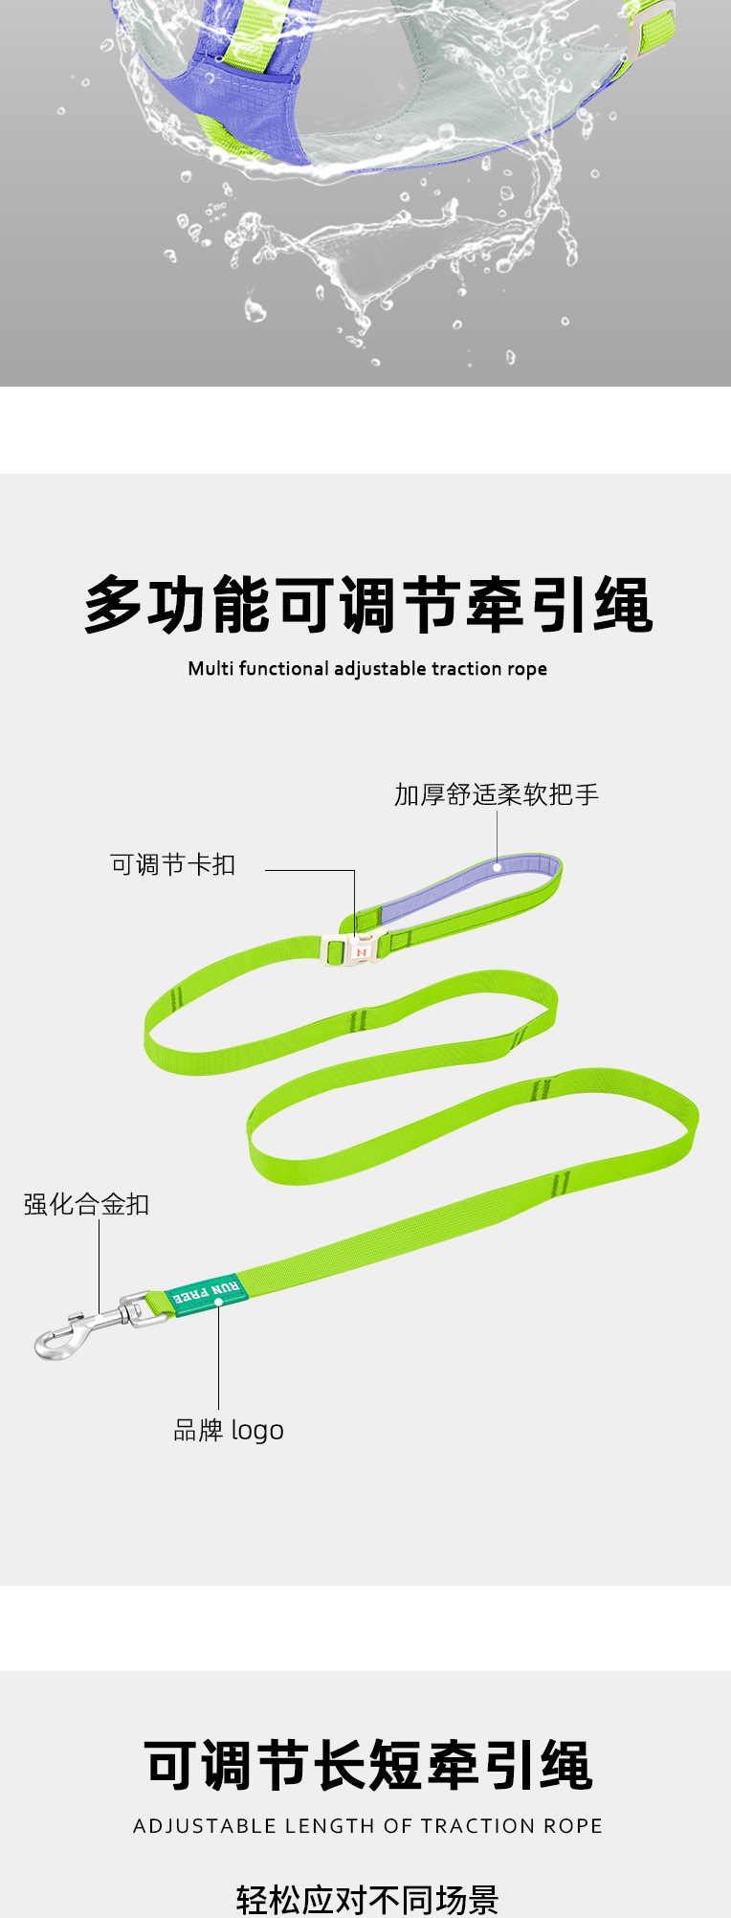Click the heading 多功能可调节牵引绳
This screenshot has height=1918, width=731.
pos(367,605)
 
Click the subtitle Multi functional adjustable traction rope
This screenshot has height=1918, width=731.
pos(367,668)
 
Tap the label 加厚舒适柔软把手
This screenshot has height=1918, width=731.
pos(496,794)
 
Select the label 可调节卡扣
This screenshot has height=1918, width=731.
pos(172,865)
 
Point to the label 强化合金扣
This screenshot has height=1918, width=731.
pos(86,1204)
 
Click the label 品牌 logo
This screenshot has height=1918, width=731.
pos(228,1430)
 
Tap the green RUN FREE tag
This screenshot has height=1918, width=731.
pos(207,1292)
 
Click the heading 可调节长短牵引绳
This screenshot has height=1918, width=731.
pos(367,1766)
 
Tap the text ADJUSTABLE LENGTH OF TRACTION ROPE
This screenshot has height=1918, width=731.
pos(367,1826)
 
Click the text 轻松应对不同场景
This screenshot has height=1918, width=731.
pos(367,1899)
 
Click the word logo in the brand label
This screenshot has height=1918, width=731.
pos(256,1431)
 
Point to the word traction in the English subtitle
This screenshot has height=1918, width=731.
pos(466,668)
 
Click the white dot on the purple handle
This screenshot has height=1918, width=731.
pos(498,867)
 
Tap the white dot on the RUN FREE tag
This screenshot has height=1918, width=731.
pos(218,1302)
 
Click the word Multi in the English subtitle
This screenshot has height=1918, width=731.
pos(210,668)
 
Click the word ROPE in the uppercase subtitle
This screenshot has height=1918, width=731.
pos(572,1826)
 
